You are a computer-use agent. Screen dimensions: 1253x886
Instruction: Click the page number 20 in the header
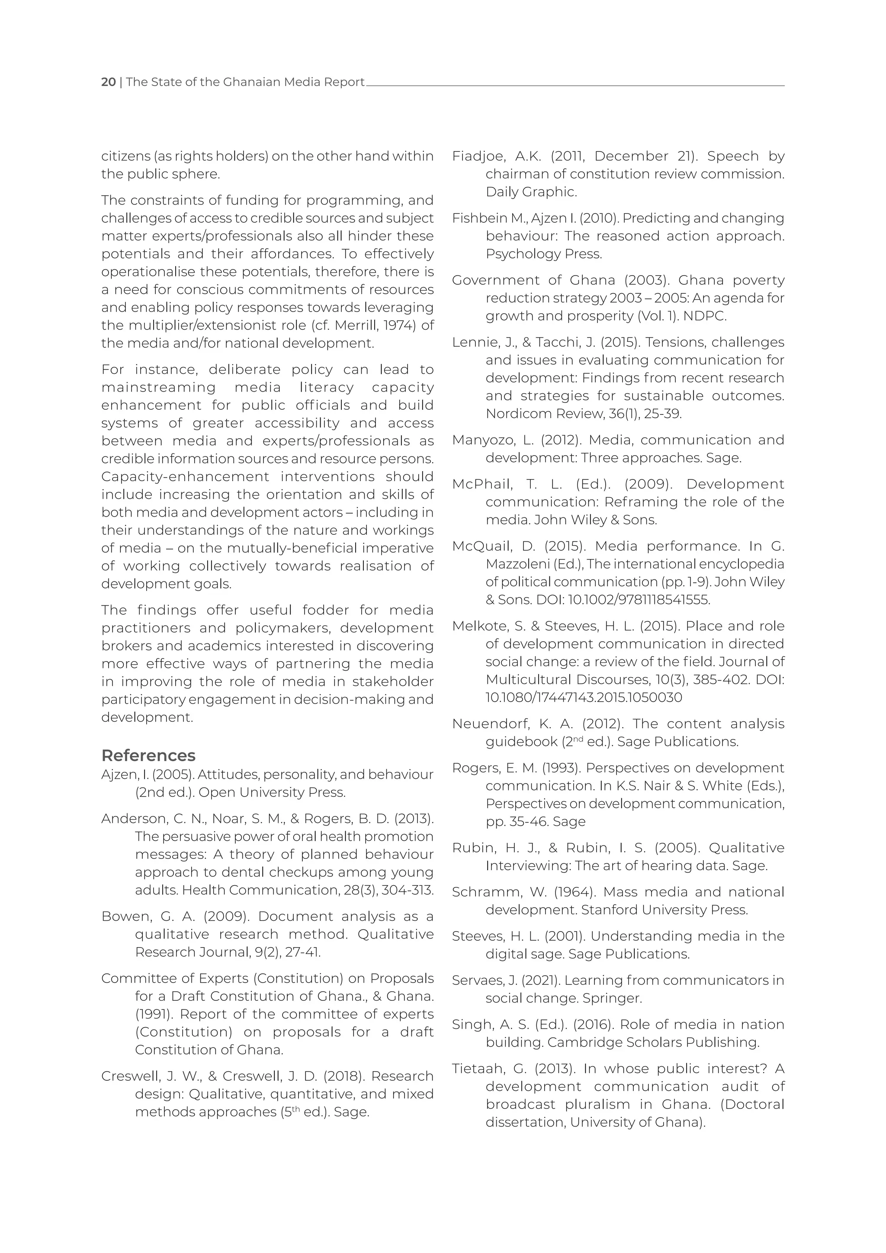pos(108,82)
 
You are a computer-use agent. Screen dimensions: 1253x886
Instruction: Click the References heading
pos(148,755)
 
